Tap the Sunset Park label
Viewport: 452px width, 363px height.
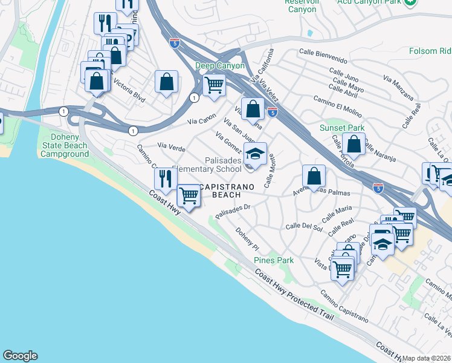click(x=342, y=128)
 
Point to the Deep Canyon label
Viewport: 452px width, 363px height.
click(x=220, y=65)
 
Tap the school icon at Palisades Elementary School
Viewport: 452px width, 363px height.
click(x=256, y=154)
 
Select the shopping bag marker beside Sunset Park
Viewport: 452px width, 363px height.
click(x=354, y=144)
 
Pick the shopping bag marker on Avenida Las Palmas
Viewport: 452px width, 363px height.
click(x=314, y=176)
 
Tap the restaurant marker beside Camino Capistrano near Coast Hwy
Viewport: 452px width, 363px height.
click(x=164, y=178)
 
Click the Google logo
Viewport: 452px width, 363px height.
click(x=20, y=356)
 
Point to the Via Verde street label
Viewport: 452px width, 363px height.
click(x=171, y=146)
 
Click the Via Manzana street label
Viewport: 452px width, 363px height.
click(x=398, y=87)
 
